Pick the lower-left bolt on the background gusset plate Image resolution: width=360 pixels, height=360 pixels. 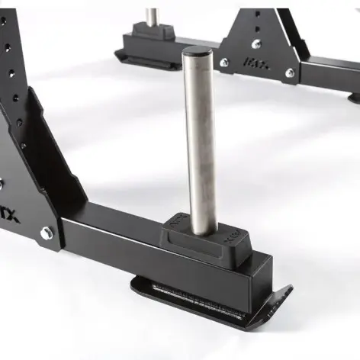[224, 63]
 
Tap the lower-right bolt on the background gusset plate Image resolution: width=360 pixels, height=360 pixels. [289, 74]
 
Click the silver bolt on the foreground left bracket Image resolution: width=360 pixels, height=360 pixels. [47, 232]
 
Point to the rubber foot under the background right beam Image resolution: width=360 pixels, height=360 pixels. [354, 96]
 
